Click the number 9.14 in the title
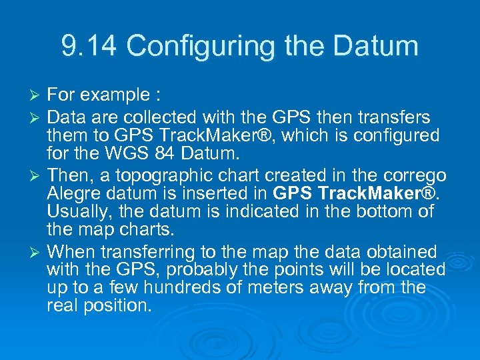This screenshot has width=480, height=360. (89, 46)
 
